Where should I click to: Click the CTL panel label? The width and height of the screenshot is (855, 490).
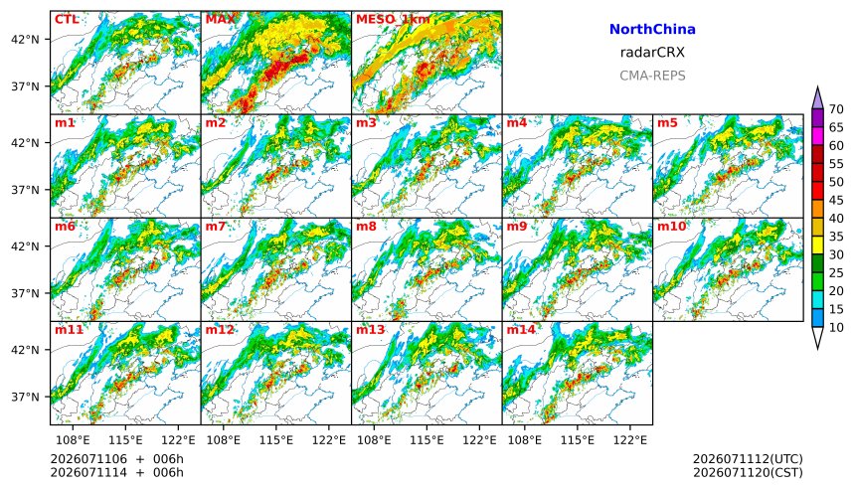(67, 20)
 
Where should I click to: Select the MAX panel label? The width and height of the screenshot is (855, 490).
(221, 20)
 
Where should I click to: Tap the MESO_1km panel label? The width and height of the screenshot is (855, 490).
(393, 20)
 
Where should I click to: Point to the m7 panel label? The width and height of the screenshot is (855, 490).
(215, 227)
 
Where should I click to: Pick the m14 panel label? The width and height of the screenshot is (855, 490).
(521, 330)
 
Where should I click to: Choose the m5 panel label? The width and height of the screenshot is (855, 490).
(666, 122)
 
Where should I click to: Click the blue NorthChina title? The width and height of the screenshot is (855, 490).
(652, 30)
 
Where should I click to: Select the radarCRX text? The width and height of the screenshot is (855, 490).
(652, 53)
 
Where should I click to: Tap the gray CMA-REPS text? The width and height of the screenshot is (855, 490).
(652, 76)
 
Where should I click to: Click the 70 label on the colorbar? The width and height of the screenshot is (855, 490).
(836, 109)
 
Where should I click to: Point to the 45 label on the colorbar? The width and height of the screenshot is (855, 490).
(836, 201)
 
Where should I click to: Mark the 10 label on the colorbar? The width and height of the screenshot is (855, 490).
(836, 328)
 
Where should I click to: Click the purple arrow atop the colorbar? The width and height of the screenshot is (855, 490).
(817, 99)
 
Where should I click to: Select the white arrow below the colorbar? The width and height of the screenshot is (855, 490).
(817, 337)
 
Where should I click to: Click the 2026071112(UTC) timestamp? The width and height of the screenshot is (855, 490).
(748, 459)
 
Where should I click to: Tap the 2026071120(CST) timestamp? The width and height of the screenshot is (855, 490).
(748, 472)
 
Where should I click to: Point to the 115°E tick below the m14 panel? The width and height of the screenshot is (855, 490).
(578, 439)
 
